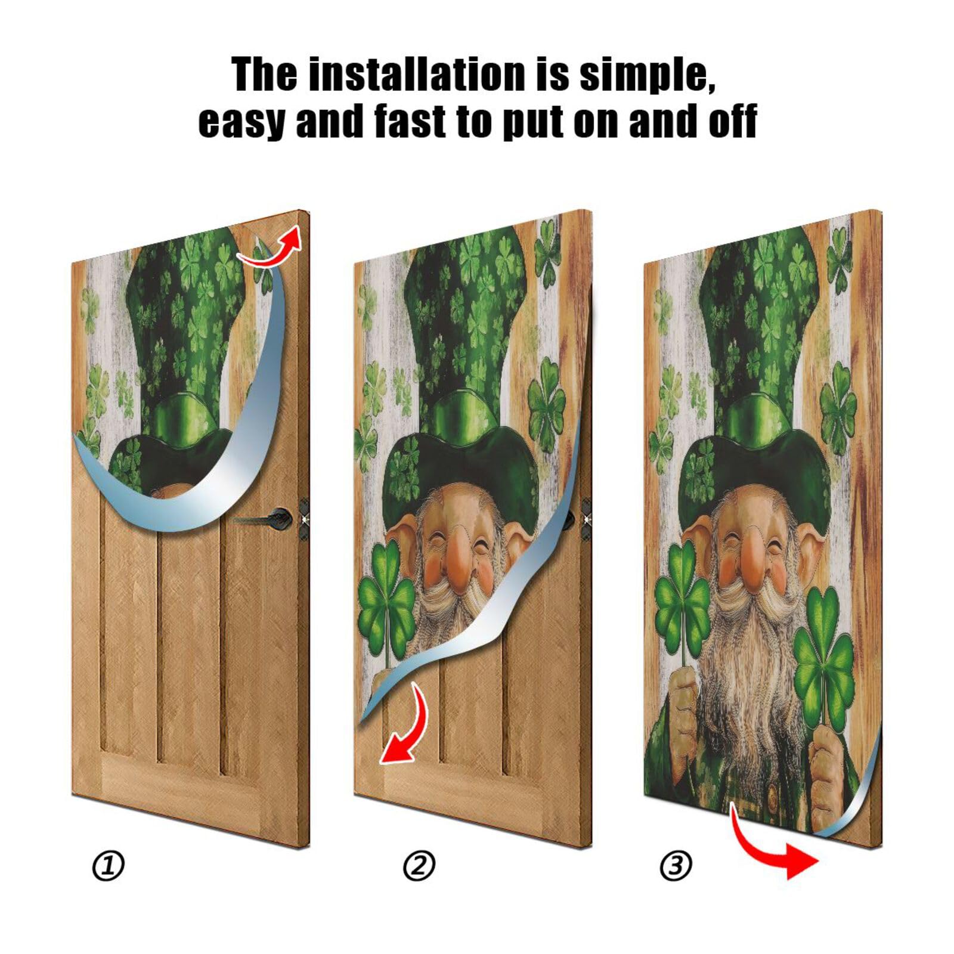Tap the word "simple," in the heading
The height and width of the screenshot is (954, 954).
(x=647, y=75)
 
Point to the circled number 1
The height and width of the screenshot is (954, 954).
(x=109, y=866)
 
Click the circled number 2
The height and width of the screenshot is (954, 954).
(x=419, y=866)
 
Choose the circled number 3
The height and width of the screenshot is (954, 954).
(x=676, y=866)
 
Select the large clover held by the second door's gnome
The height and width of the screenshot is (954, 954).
(x=386, y=602)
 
